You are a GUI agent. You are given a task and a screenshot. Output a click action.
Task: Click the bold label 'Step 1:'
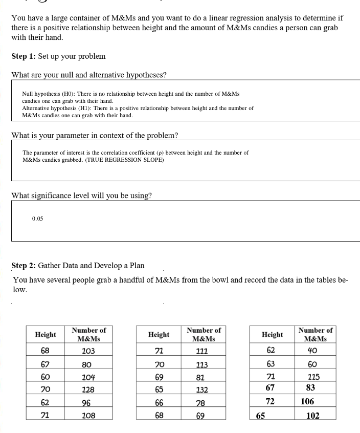24,56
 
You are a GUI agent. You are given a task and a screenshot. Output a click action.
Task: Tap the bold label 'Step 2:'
24,266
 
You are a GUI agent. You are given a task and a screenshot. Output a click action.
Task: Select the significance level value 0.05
37,219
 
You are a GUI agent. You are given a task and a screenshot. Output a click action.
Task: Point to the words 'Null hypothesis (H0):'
48,94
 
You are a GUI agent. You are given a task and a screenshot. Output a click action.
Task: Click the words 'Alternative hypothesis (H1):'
57,109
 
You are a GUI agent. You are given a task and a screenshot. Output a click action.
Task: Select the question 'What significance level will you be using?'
81,196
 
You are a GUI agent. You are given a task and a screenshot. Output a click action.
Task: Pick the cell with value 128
88,390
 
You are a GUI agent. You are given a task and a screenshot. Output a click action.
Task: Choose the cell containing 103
88,351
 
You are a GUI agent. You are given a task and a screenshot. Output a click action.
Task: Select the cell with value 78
200,403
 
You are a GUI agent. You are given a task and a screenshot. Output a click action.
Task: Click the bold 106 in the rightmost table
307,402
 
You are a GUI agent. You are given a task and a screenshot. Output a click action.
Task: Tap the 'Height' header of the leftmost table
46,335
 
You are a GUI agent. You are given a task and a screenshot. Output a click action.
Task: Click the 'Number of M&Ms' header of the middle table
204,335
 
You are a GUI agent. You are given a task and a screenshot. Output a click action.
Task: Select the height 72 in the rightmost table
272,402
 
